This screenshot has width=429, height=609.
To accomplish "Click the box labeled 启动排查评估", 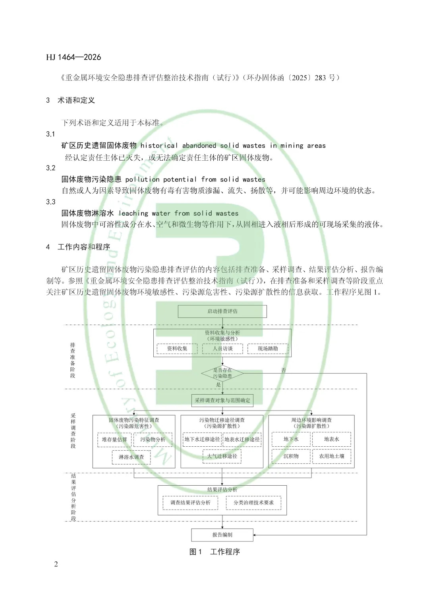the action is tap(222, 311).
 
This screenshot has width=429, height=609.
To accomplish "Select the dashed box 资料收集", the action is tap(177, 349).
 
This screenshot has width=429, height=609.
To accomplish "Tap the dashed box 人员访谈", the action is tap(222, 349).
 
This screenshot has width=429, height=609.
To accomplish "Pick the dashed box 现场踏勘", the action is tap(268, 349).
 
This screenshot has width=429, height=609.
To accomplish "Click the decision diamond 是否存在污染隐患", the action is tap(222, 373).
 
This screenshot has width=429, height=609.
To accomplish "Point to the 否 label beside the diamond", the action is tap(284, 370).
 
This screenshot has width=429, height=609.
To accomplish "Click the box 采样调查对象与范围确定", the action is tap(222, 401).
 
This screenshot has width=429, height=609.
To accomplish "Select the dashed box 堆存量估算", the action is tap(114, 440).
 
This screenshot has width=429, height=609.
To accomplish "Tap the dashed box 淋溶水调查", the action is tap(131, 457).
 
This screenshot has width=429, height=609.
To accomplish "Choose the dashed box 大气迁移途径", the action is tap(222, 456).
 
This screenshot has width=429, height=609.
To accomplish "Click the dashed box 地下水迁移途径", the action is tap(202, 440).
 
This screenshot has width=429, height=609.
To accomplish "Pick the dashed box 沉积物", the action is tap(291, 456).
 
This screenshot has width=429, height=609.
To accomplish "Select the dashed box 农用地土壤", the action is tap(332, 456).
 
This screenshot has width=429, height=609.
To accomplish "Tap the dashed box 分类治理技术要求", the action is tap(253, 503).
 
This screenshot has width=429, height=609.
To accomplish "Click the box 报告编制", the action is tap(222, 535).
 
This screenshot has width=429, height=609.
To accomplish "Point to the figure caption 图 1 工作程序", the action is tap(214, 552).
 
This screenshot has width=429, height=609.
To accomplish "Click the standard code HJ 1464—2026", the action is tap(73, 57).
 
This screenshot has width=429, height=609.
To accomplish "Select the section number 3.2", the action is tap(50, 168).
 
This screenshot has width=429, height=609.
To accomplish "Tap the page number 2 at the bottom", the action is tap(56, 564).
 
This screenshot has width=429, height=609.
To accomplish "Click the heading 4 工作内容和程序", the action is tap(78, 247).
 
